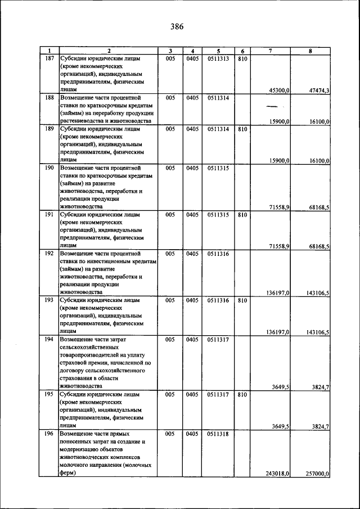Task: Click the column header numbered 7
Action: click(x=271, y=51)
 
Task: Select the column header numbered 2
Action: click(x=109, y=51)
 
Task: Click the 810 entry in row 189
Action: click(x=242, y=129)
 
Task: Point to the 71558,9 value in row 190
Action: click(x=279, y=208)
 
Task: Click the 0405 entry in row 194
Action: click(x=192, y=340)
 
